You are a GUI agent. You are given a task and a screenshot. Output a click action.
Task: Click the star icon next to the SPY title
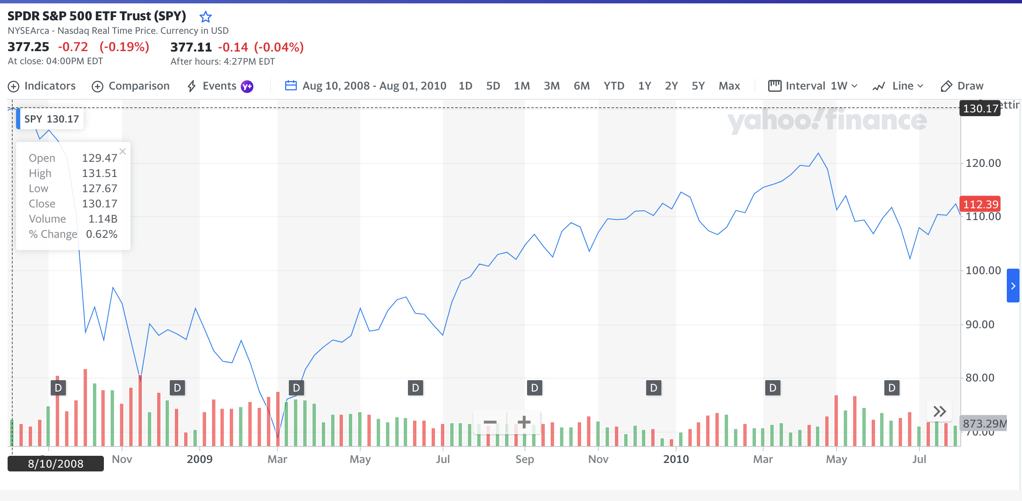(205, 17)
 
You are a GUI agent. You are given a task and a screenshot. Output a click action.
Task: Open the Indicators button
(42, 86)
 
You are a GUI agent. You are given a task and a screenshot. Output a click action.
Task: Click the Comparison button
(130, 86)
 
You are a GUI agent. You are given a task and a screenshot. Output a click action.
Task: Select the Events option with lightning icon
(220, 86)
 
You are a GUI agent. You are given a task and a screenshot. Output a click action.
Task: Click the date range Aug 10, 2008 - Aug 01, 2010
(366, 86)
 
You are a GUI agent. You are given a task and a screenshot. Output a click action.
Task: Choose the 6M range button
(581, 86)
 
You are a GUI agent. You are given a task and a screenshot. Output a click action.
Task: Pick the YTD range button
(614, 86)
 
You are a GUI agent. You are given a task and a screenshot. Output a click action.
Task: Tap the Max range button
(729, 86)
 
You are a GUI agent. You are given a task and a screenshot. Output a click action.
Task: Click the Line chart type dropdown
(898, 86)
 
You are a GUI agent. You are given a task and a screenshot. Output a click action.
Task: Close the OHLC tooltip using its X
(122, 151)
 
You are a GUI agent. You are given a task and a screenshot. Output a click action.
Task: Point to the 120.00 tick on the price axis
(983, 163)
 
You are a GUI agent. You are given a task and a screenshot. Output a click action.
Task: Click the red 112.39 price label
(980, 204)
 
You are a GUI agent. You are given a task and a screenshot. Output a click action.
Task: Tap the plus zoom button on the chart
(524, 422)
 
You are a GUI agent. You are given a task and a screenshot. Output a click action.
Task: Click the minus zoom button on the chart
(490, 422)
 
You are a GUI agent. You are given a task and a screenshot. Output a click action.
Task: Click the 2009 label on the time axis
(199, 459)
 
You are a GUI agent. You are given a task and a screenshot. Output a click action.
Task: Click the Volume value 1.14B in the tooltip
(103, 219)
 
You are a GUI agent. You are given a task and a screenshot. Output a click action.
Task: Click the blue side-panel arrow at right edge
(1013, 286)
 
